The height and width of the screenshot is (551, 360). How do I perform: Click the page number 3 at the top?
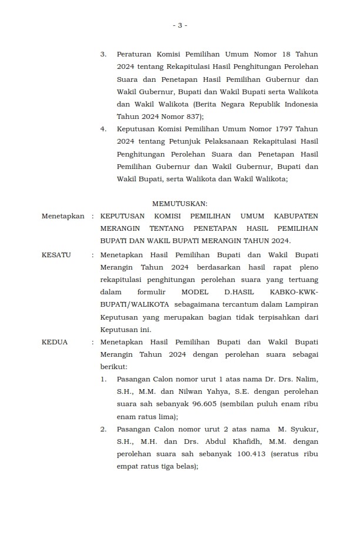(x=180, y=25)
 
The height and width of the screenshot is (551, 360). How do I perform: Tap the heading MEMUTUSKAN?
(x=180, y=204)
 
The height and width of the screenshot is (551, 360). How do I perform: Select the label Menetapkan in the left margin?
(x=64, y=216)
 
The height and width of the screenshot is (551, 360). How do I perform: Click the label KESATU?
(x=56, y=255)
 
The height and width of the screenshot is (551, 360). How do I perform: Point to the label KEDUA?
(x=55, y=342)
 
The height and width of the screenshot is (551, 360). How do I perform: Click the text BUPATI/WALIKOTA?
(x=134, y=304)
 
